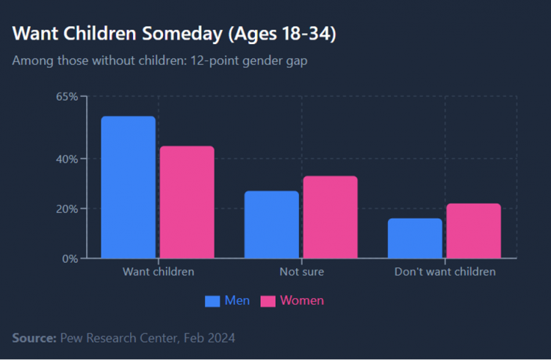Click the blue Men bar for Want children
pyautogui.click(x=128, y=187)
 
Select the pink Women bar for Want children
pyautogui.click(x=187, y=202)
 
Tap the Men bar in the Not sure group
pyautogui.click(x=271, y=225)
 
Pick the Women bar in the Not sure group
pyautogui.click(x=331, y=217)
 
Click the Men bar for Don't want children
pyautogui.click(x=415, y=238)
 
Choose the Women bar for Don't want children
pyautogui.click(x=474, y=231)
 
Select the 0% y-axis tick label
pyautogui.click(x=69, y=259)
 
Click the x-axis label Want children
pyautogui.click(x=158, y=272)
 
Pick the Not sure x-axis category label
pyautogui.click(x=301, y=272)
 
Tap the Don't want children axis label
pyautogui.click(x=444, y=272)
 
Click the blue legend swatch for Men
pyautogui.click(x=212, y=301)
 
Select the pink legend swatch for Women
pyautogui.click(x=268, y=301)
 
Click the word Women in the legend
pyautogui.click(x=302, y=301)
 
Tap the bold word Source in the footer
pyautogui.click(x=34, y=338)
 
